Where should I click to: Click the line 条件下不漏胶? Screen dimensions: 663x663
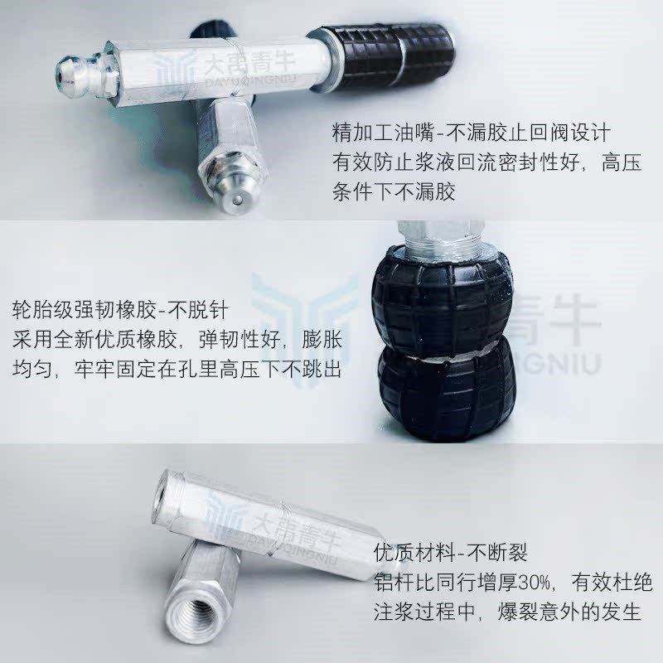point(394,193)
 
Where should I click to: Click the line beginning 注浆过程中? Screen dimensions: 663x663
point(507,613)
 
